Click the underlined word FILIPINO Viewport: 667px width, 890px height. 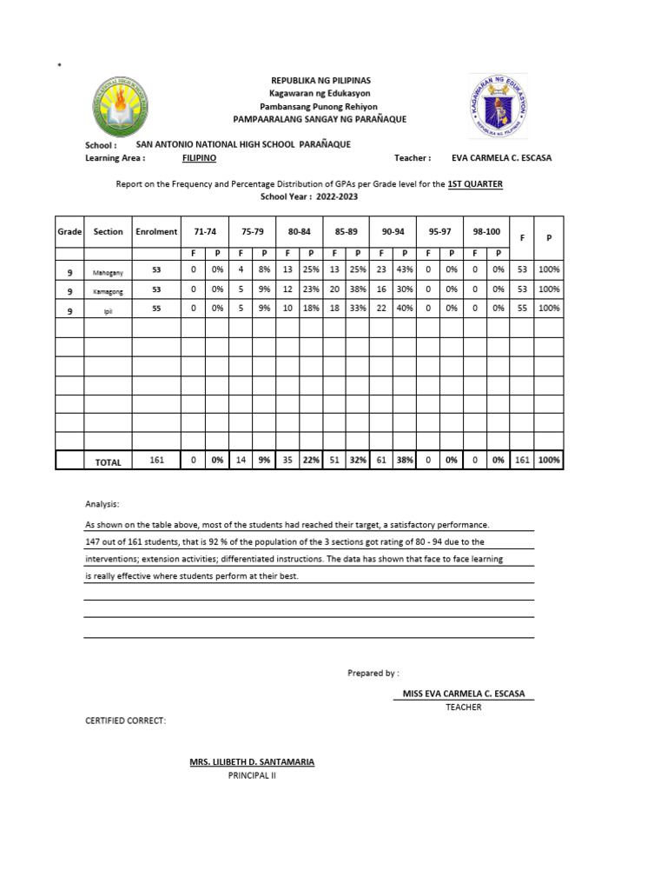(200, 158)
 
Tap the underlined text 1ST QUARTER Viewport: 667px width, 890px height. (475, 184)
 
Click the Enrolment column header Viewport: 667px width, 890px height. (156, 232)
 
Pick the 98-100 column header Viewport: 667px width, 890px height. (486, 232)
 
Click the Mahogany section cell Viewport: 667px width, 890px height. (109, 271)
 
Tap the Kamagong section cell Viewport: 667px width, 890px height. (109, 289)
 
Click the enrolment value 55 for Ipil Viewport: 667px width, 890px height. (156, 308)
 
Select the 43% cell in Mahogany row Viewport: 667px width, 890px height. (405, 270)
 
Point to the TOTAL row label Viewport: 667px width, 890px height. (109, 462)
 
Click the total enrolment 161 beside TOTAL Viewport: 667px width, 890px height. (156, 462)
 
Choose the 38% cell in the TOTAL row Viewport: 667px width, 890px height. (405, 462)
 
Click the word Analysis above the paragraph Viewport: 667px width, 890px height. (102, 504)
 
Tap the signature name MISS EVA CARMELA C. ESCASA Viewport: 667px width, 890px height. (464, 694)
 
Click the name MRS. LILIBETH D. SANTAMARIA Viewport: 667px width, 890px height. (252, 762)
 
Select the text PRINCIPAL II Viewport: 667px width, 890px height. (252, 775)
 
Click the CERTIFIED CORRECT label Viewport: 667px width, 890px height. (124, 721)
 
